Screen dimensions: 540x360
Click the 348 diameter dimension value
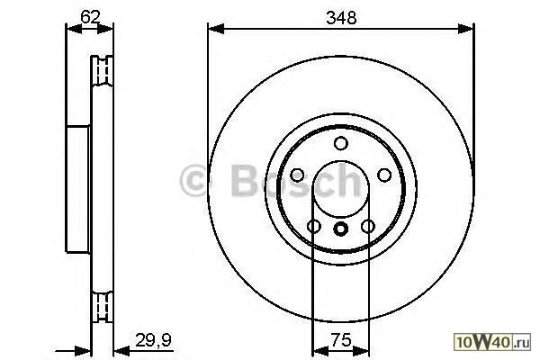point(341,17)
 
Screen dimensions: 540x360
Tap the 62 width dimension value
point(90,16)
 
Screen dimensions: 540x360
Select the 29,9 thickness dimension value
point(153,340)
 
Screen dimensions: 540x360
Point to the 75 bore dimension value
point(341,340)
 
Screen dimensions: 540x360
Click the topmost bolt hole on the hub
point(341,143)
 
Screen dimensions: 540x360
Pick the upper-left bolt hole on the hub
point(297,175)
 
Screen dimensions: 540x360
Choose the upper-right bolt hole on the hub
point(384,175)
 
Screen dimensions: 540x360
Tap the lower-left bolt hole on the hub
point(314,226)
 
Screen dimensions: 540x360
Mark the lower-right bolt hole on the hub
point(368,226)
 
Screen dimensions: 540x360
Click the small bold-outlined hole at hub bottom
point(341,229)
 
